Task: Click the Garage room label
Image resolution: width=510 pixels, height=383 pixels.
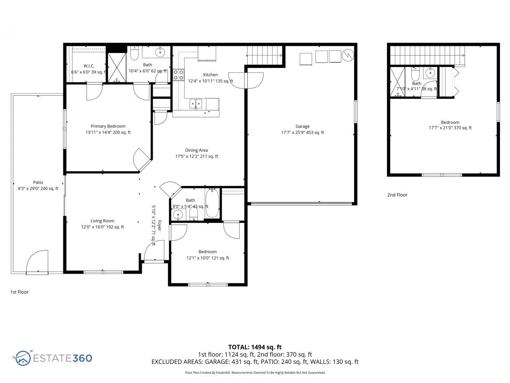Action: (302, 126)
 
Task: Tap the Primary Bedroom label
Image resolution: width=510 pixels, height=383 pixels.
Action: (108, 126)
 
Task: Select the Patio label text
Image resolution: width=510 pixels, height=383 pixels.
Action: (38, 182)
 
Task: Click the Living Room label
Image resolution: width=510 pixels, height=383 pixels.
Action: (102, 221)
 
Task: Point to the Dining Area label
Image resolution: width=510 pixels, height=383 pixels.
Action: (196, 150)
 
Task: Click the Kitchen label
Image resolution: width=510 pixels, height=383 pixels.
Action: (210, 75)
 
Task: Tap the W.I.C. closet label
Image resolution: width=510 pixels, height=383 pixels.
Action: (88, 66)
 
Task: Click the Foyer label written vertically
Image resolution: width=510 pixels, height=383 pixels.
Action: (159, 226)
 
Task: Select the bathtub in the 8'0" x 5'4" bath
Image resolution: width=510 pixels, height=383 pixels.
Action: (212, 203)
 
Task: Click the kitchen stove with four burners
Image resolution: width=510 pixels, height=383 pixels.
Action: (178, 75)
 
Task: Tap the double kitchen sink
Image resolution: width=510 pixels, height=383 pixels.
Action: (196, 104)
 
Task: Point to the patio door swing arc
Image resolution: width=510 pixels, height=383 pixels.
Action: (37, 261)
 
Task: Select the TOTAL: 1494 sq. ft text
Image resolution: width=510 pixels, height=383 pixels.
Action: (255, 347)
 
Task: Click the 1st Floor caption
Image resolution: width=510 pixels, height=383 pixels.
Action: (19, 292)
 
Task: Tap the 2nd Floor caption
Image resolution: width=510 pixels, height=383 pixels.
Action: (397, 195)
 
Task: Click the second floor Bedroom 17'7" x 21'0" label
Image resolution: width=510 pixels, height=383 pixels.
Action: (450, 125)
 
